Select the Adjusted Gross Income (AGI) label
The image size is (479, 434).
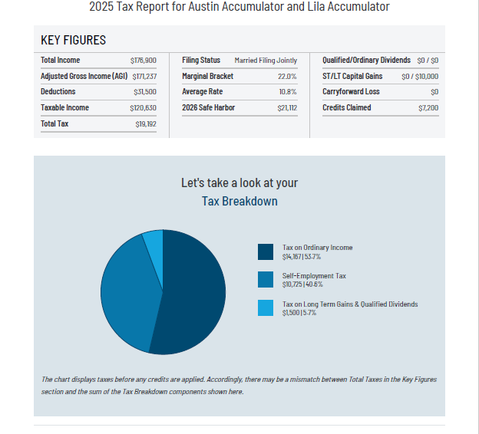pos(84,76)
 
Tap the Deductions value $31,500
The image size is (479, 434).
pos(145,92)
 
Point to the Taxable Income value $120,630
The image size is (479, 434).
pos(144,108)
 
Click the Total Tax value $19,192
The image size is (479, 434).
pos(146,123)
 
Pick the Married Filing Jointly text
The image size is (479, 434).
pos(266,60)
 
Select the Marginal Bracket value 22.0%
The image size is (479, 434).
pos(287,76)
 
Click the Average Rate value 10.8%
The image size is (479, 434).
pos(288,92)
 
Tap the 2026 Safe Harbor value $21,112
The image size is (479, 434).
pos(287,108)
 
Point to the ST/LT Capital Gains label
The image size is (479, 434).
pos(352,76)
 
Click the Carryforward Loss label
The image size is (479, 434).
pos(351,92)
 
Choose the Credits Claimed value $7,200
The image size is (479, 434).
pos(428,108)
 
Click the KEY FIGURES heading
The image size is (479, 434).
pos(73,41)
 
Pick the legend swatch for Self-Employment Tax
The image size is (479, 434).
pos(266,280)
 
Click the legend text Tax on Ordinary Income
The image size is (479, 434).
pos(318,248)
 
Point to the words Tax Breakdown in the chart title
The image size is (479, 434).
pos(240,202)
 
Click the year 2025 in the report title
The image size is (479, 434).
pos(101,7)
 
